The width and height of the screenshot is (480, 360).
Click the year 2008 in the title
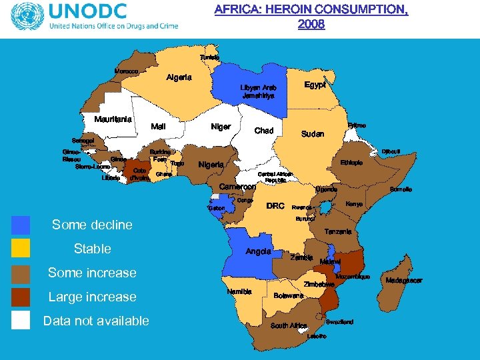pos(311,24)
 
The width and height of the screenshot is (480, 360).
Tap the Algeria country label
pos(179,77)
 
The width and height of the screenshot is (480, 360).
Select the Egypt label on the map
pos(315,85)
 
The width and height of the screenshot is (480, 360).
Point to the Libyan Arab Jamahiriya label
pos(259,92)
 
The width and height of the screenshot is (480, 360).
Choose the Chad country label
pos(264,131)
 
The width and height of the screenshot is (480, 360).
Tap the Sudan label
pos(313,134)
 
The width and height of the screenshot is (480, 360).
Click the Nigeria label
pos(211,165)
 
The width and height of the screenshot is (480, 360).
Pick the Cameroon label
pos(238,187)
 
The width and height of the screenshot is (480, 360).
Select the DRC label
pos(275,206)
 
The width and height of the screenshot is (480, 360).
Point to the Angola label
pos(259,251)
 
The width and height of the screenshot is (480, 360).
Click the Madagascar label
pos(404,281)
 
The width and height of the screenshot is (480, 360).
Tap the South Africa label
pos(289,326)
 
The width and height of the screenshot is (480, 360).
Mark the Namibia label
pos(239,292)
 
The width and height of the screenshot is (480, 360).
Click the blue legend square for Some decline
pos(21,225)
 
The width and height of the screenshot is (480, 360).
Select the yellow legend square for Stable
pos(21,249)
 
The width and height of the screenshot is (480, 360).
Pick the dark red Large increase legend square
pos(21,297)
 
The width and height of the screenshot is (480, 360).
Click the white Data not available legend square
pos(21,321)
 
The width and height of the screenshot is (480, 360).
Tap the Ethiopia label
pos(351,163)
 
